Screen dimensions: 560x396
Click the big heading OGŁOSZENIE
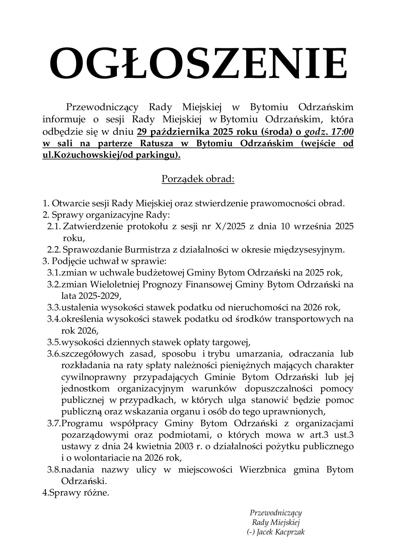pos(198,64)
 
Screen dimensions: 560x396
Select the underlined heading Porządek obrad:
pos(198,179)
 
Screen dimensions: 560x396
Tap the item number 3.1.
pos(54,273)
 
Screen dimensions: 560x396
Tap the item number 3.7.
pos(54,423)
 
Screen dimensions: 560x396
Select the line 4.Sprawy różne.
pos(76,493)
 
